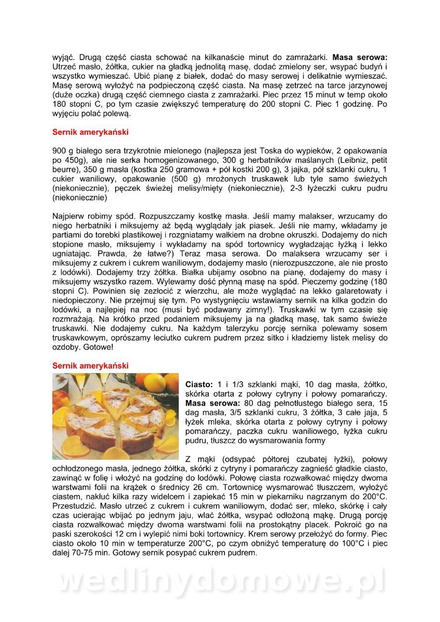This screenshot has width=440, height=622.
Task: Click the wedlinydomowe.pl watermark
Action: [x=220, y=581]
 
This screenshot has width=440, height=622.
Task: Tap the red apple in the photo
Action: [x=60, y=400]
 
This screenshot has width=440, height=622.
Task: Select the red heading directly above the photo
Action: [x=90, y=365]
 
